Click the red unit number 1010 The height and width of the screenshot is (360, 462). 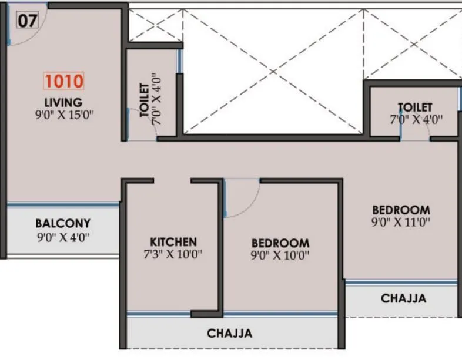tap(63, 80)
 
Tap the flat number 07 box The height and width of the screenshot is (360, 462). tap(27, 21)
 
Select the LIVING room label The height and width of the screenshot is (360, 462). tap(62, 103)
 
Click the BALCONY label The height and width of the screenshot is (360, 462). tap(63, 224)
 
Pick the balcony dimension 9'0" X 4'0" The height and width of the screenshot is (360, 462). tap(63, 238)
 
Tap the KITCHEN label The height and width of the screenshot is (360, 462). tap(173, 242)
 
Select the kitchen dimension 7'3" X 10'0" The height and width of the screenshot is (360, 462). tap(175, 255)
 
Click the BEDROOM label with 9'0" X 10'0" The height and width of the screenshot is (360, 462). tap(280, 243)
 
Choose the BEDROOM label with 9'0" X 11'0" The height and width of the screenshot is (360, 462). tap(401, 210)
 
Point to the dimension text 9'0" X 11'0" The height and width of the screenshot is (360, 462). tap(401, 223)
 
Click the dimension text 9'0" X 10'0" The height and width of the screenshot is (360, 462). tap(280, 256)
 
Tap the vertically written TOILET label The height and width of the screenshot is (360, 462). tap(144, 100)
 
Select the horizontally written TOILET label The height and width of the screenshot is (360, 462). tap(415, 107)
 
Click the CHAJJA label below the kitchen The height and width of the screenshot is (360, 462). tap(230, 334)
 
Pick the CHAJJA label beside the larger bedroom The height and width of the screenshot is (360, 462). tap(403, 299)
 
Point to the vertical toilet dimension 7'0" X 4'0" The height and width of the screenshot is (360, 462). tap(156, 97)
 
